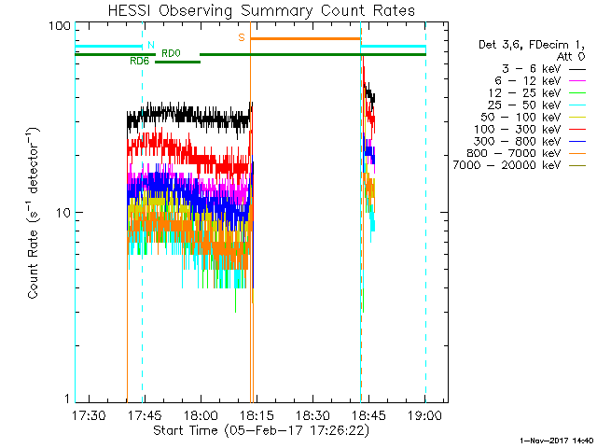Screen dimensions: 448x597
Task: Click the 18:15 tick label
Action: coord(256,415)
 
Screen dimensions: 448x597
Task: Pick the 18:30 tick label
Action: coord(312,415)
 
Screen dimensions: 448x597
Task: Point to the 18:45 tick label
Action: coord(368,415)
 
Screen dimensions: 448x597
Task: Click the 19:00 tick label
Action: coord(424,415)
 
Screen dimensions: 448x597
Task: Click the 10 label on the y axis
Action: coord(63,213)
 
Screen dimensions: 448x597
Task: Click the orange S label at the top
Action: coord(242,37)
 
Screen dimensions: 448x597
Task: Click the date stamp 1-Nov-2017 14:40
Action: coord(557,439)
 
